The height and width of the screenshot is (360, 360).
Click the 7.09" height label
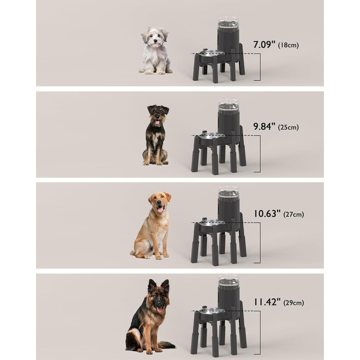tap(264, 44)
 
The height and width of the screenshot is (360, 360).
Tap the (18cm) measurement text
tap(289, 45)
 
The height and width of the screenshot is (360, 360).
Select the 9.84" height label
tap(264, 127)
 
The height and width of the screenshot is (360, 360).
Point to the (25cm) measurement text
tap(289, 127)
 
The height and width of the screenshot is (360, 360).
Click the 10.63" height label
tap(267, 213)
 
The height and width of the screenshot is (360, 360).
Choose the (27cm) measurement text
tap(294, 214)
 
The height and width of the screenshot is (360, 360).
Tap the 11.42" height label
tap(267, 302)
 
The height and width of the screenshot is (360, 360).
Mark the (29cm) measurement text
tap(294, 303)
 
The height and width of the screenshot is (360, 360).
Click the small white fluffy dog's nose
tap(155, 41)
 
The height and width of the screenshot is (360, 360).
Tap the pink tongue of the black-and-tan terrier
tap(157, 122)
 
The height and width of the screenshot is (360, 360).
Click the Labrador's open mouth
tap(160, 209)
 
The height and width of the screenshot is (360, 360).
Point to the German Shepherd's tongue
tap(159, 309)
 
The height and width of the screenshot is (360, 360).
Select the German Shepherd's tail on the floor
tap(167, 345)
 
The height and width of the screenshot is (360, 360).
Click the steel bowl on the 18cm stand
tap(212, 52)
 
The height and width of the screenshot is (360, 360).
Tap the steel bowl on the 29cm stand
tap(212, 310)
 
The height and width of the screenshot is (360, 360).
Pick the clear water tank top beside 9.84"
tap(228, 105)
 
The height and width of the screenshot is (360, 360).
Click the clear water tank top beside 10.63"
tap(228, 192)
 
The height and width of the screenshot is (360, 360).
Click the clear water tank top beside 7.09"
tap(228, 24)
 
